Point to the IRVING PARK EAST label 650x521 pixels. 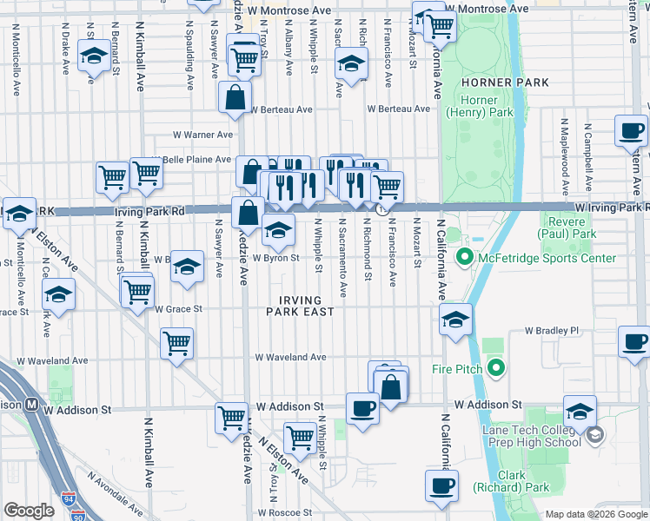(x=301, y=305)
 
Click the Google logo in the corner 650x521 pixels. (x=29, y=511)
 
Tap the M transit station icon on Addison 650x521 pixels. (x=30, y=404)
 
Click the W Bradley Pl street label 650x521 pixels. (x=551, y=331)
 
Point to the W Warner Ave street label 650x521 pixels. (x=202, y=135)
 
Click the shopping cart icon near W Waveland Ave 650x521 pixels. (x=176, y=344)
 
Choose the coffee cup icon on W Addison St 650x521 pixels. (x=361, y=406)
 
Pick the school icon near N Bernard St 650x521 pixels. (x=93, y=56)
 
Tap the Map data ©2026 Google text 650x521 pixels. (x=596, y=514)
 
